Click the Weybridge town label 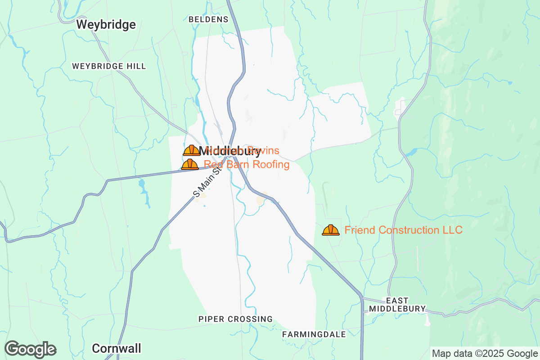click(x=106, y=24)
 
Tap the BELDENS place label click(x=208, y=19)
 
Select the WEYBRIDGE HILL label click(x=109, y=66)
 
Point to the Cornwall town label click(x=116, y=348)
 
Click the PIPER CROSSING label click(x=235, y=319)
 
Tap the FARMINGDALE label click(x=314, y=334)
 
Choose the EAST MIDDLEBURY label click(x=397, y=305)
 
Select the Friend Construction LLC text click(x=403, y=230)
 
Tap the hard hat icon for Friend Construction click(x=330, y=230)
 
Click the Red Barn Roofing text click(x=247, y=164)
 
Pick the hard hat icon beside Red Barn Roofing click(x=190, y=164)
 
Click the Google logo click(x=31, y=349)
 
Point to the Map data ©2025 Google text click(x=484, y=353)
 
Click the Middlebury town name click(x=229, y=151)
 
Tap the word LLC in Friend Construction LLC click(x=452, y=230)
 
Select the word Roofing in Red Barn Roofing click(x=271, y=164)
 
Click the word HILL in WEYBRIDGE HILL click(x=136, y=66)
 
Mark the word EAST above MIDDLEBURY click(x=397, y=301)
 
